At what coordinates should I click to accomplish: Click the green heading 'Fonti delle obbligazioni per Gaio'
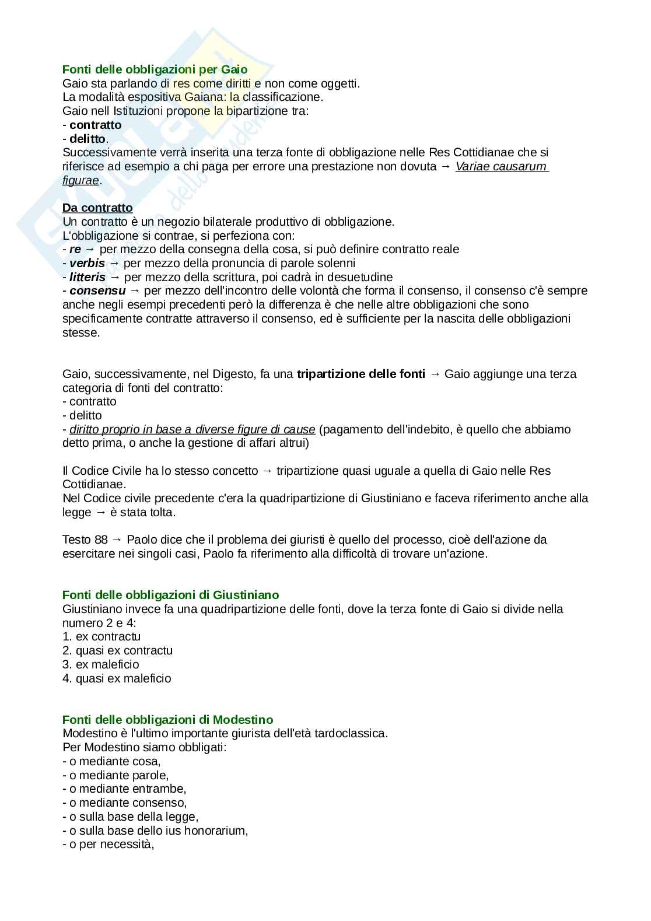pos(155,69)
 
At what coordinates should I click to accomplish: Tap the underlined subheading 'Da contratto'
pos(97,208)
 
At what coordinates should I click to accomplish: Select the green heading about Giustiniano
pos(170,595)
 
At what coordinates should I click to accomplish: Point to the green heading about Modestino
pos(167,720)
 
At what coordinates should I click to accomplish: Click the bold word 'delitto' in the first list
pos(87,139)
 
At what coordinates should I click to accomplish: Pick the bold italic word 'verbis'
pos(87,263)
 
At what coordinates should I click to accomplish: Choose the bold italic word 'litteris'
pos(87,277)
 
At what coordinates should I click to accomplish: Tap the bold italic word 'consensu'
pos(97,290)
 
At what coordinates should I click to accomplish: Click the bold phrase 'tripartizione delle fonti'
pos(360,374)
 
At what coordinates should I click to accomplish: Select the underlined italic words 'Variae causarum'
pos(501,166)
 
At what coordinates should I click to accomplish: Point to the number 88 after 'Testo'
pos(101,540)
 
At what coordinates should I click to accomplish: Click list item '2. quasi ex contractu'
pos(117,650)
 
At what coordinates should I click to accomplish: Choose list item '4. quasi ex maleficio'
pos(117,678)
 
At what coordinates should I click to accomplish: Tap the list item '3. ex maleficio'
pos(101,664)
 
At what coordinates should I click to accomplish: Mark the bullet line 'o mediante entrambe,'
pos(124,789)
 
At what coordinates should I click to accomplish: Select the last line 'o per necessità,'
pos(108,845)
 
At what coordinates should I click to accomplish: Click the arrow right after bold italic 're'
pos(90,250)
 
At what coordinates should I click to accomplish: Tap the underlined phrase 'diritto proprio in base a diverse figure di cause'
pos(192,429)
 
